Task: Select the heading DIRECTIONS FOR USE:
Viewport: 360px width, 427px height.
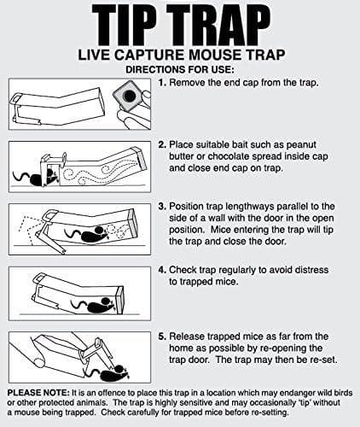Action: [180, 67]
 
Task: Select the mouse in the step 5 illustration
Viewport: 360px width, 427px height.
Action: [108, 373]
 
